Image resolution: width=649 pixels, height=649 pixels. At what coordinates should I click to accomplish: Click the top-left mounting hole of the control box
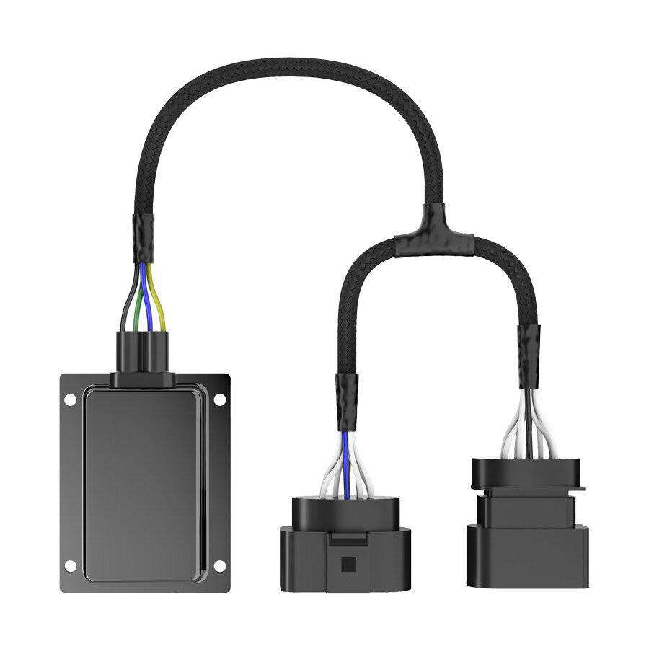[70, 399]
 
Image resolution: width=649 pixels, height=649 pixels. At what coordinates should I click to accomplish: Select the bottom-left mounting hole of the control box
[70, 565]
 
